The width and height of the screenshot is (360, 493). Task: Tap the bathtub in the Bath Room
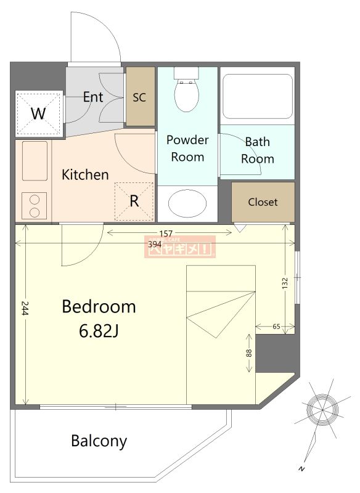click(258, 96)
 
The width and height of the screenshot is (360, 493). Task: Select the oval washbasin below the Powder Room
click(187, 203)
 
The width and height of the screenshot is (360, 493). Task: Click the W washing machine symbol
click(38, 113)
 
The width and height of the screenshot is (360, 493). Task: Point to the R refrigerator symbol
click(134, 202)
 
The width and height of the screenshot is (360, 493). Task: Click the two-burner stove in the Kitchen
click(35, 206)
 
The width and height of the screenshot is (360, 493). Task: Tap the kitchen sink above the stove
click(35, 161)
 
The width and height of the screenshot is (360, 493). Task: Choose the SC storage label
click(139, 97)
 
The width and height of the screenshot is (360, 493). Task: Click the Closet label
click(263, 202)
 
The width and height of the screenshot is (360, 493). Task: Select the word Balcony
click(99, 441)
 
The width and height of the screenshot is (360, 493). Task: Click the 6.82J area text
click(99, 331)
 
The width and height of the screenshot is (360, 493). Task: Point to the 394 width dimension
click(155, 244)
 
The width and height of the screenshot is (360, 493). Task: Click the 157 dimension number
click(166, 234)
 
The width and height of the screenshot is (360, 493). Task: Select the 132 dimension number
click(285, 283)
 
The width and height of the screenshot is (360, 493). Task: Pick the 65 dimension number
click(276, 327)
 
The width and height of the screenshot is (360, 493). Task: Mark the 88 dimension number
click(248, 353)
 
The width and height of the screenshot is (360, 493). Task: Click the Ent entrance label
click(93, 97)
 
